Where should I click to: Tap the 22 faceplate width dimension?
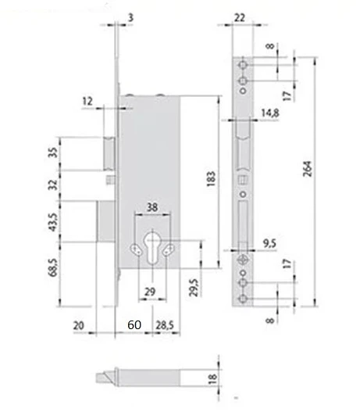coord(240,18)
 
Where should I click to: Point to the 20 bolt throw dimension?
coord(79,324)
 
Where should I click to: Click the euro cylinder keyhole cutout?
coord(151,245)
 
